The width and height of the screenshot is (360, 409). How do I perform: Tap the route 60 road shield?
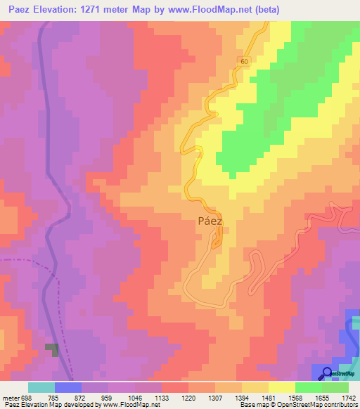click(243, 62)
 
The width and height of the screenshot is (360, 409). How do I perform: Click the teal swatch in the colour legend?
click(41, 387)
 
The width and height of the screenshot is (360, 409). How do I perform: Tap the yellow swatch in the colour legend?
click(282, 387)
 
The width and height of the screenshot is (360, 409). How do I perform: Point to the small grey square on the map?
click(52, 349)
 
